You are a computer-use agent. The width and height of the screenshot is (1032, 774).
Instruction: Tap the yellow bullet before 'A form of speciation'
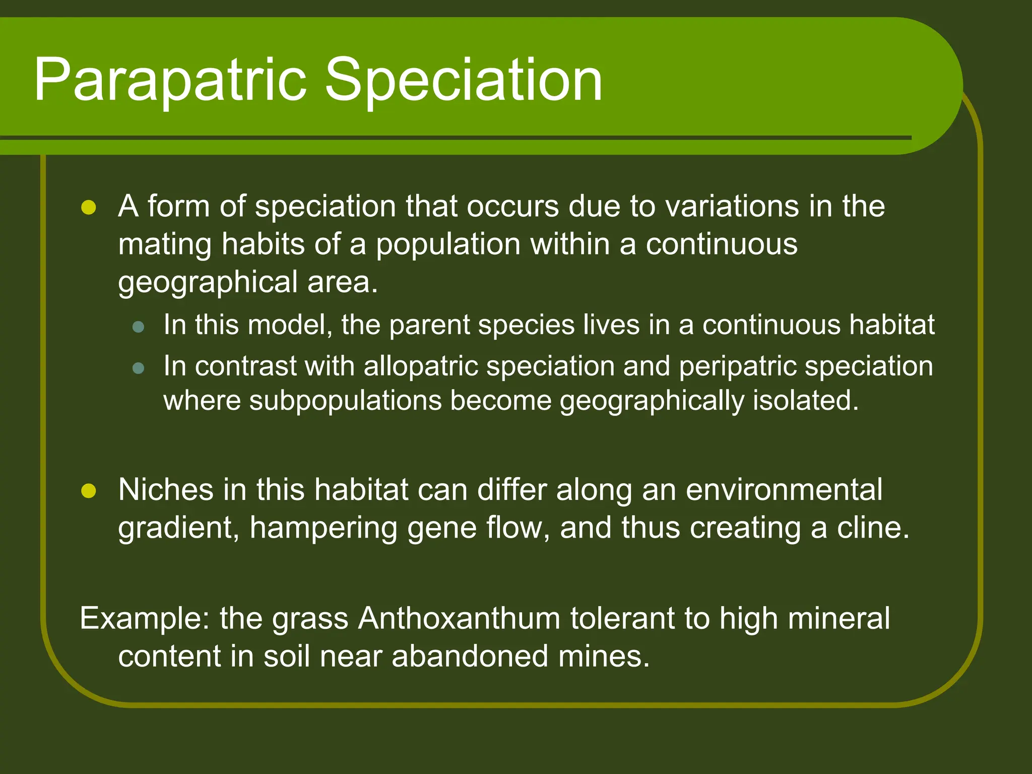[x=89, y=207]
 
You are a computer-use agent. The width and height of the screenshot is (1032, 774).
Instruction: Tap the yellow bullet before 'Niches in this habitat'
[x=89, y=490]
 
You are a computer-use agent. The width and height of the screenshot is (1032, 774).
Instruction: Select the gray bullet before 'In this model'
[x=138, y=327]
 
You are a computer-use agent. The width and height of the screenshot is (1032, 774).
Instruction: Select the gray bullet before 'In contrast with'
[x=138, y=368]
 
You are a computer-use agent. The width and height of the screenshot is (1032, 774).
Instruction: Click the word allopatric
[x=420, y=366]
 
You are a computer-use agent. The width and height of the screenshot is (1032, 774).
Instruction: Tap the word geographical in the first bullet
[x=208, y=283]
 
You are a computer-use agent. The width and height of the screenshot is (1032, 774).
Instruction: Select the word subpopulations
[x=345, y=401]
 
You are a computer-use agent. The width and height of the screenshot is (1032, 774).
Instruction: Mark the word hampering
[x=323, y=529]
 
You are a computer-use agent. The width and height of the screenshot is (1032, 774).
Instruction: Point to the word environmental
[x=784, y=490]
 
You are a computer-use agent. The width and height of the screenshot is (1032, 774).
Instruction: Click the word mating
[x=165, y=245]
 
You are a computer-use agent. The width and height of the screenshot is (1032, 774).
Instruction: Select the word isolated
[x=805, y=401]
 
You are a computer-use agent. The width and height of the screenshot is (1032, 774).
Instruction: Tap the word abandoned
[x=470, y=657]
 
